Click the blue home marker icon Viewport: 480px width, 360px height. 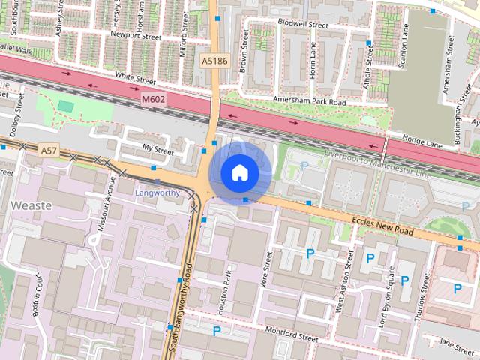[238, 172]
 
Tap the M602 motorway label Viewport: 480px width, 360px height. [153, 98]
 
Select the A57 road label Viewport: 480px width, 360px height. [49, 151]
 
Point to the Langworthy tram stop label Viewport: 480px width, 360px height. [157, 193]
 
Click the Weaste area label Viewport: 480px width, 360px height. [31, 205]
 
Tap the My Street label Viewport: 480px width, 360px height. [157, 151]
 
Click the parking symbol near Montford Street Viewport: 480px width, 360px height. [217, 330]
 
